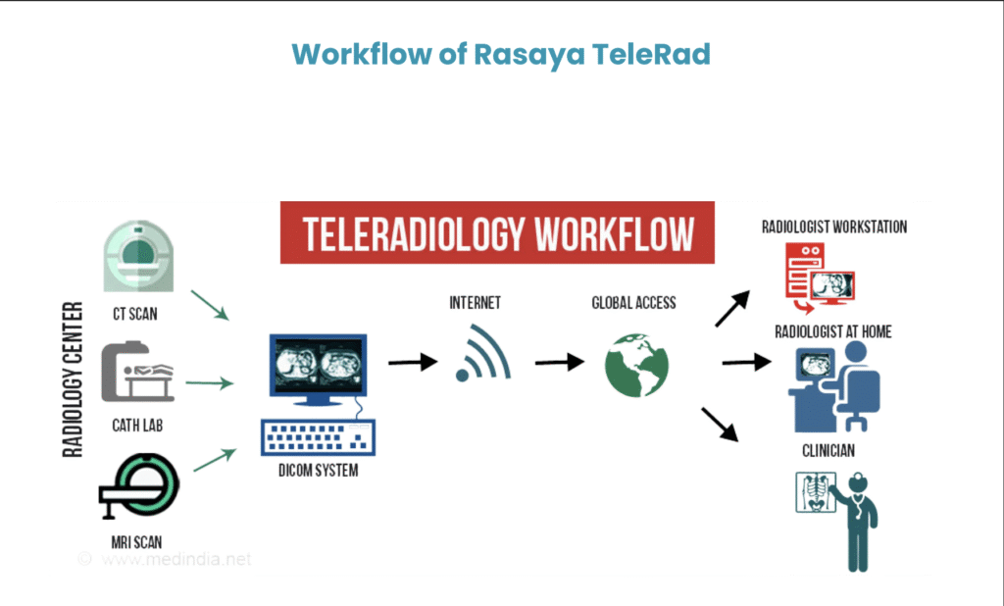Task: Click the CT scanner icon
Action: [x=138, y=256]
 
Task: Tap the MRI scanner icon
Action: [x=139, y=485]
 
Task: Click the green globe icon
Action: [x=636, y=365]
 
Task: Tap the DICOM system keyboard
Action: [x=319, y=437]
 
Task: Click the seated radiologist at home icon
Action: [x=834, y=387]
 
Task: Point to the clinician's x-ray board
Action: [x=816, y=492]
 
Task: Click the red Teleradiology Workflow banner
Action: [x=497, y=232]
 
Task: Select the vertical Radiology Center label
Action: [x=73, y=379]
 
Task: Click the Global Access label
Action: [x=634, y=303]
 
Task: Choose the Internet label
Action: [x=476, y=303]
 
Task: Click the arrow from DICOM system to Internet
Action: [x=413, y=362]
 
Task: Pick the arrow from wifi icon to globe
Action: [x=560, y=362]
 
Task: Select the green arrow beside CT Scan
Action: [x=210, y=306]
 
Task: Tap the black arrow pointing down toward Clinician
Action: [x=721, y=424]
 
